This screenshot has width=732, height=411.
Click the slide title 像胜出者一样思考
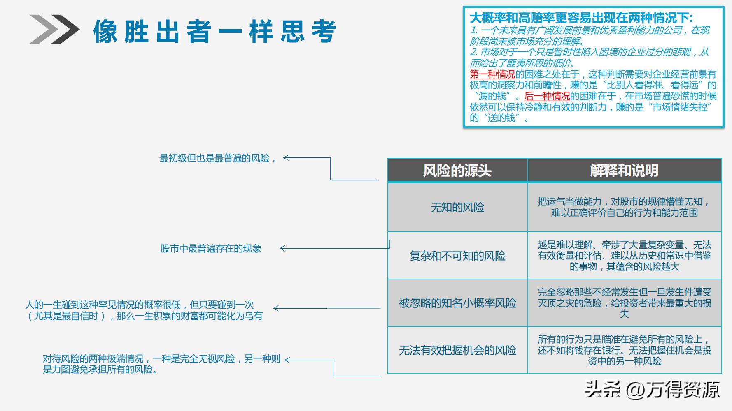coord(214,31)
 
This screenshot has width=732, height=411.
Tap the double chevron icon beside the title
coord(54,29)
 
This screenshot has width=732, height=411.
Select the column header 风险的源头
coord(457,171)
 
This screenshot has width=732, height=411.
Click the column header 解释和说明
coord(624,171)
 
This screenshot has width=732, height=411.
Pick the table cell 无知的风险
coord(457,207)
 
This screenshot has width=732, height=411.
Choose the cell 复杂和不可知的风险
coord(457,256)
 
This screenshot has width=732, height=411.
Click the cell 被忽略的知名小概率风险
coord(457,303)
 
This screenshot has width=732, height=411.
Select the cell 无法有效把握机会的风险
coord(457,350)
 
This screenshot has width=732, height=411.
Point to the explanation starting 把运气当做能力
coord(624,207)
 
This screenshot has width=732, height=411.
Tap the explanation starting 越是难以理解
coord(624,256)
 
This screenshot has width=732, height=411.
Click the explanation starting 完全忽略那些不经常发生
coord(624,303)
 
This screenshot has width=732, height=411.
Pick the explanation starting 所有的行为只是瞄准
coord(624,350)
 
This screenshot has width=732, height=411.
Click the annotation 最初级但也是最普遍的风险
coord(217,158)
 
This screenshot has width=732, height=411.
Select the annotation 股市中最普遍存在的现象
coord(211,249)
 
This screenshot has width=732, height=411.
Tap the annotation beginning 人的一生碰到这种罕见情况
coord(144,310)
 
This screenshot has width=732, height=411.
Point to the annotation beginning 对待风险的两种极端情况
coord(161,364)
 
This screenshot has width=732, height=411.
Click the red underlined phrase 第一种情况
coord(492,74)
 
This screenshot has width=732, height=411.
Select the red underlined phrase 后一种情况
coord(547,96)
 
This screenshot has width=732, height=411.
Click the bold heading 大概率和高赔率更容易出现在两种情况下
coord(581,18)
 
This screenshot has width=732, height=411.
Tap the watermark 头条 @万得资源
coord(652,389)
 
